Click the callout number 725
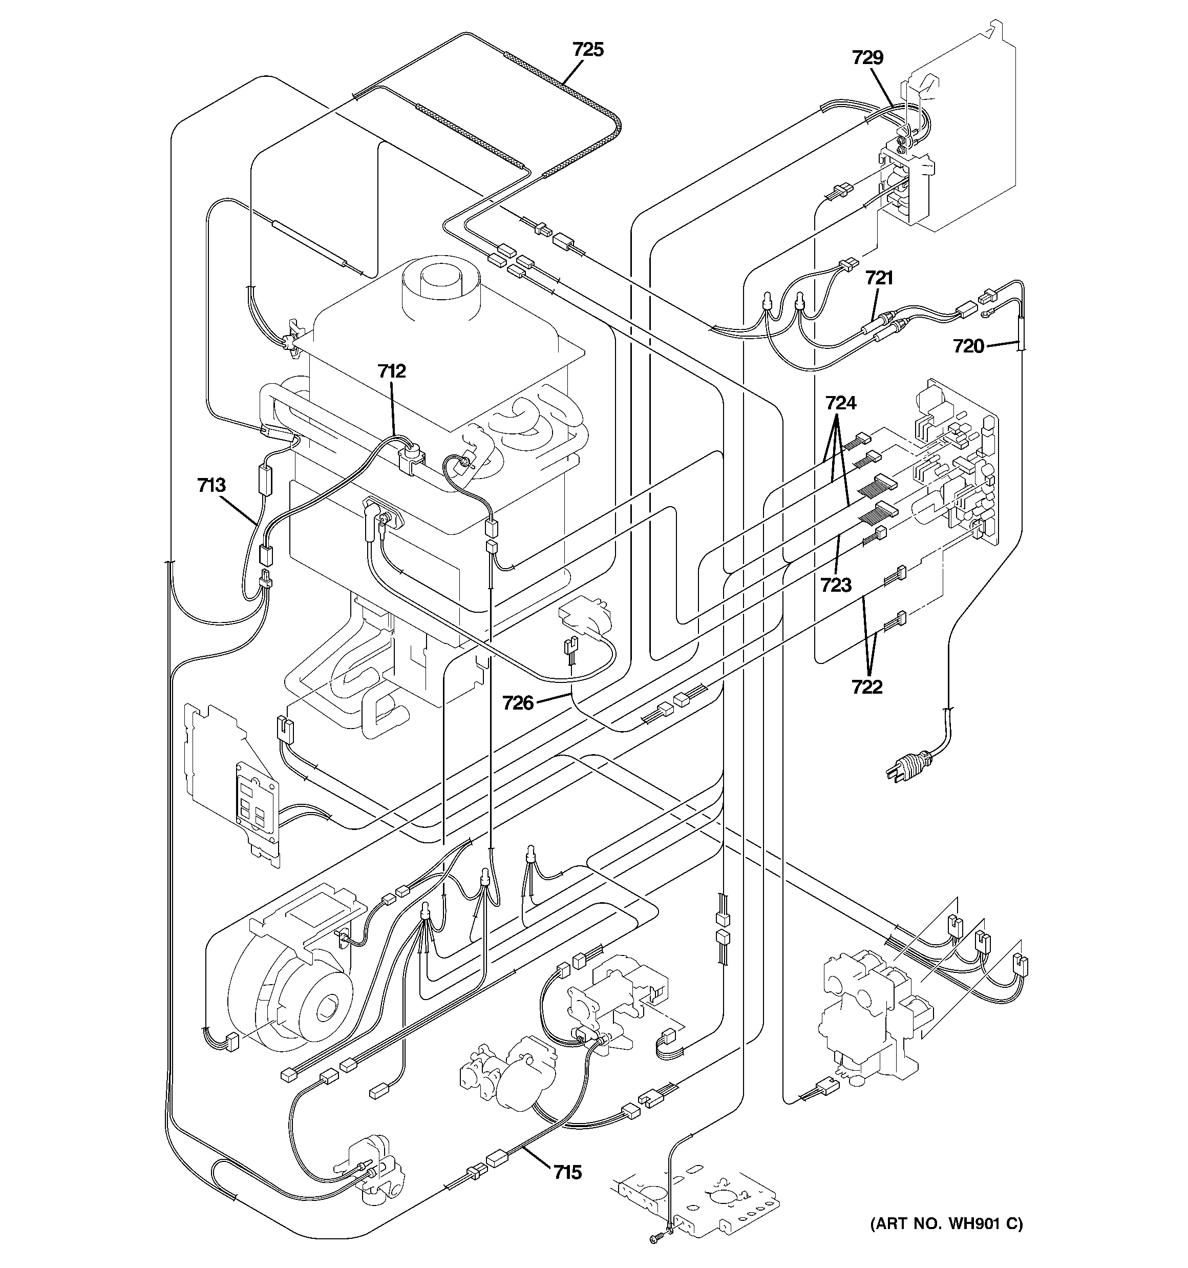(587, 50)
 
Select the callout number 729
(867, 58)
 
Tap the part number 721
(879, 278)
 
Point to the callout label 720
(968, 346)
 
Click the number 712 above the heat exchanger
(391, 371)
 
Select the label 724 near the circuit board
(840, 403)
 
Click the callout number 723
(835, 585)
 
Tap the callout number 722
(866, 687)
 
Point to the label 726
(517, 703)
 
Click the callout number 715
(567, 1172)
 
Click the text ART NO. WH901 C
(946, 1224)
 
